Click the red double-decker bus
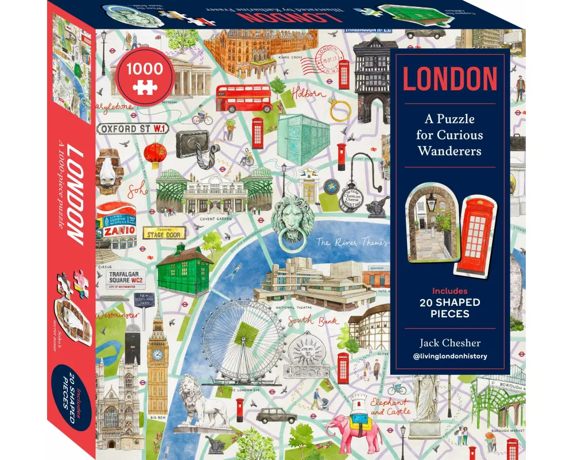(x=243, y=99)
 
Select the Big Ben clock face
(x=157, y=355)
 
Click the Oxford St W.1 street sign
(x=132, y=128)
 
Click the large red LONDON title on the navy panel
(x=449, y=79)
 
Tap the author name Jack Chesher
(x=449, y=343)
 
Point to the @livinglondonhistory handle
(x=449, y=356)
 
